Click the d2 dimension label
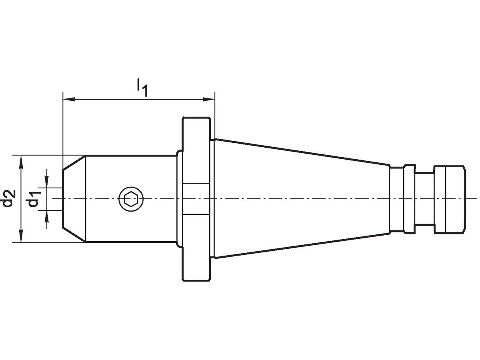tap(10, 198)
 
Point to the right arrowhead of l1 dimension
tap(211, 98)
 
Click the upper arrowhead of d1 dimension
tap(47, 183)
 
